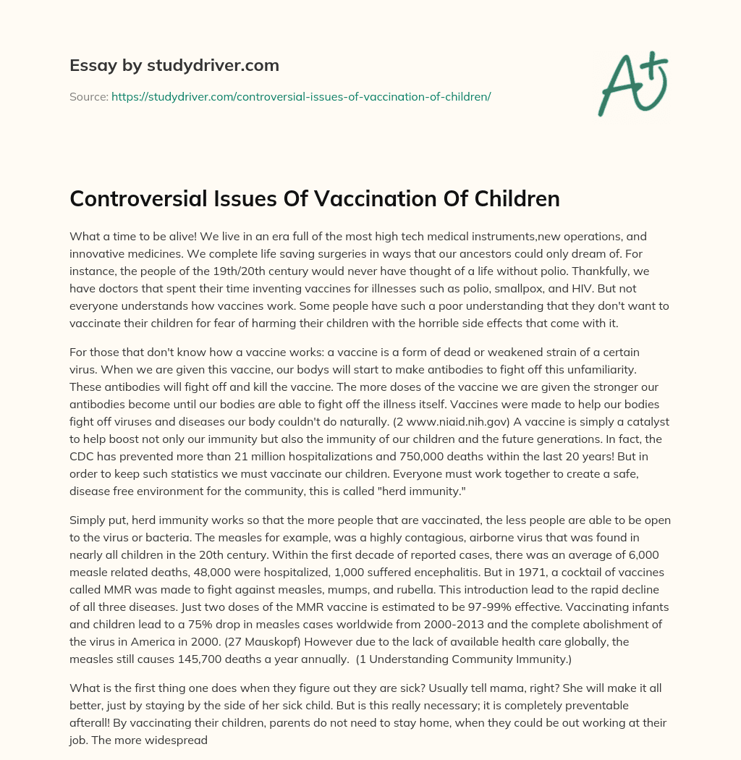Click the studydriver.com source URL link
301,96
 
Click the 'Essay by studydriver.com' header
174,65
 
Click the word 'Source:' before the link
88,96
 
